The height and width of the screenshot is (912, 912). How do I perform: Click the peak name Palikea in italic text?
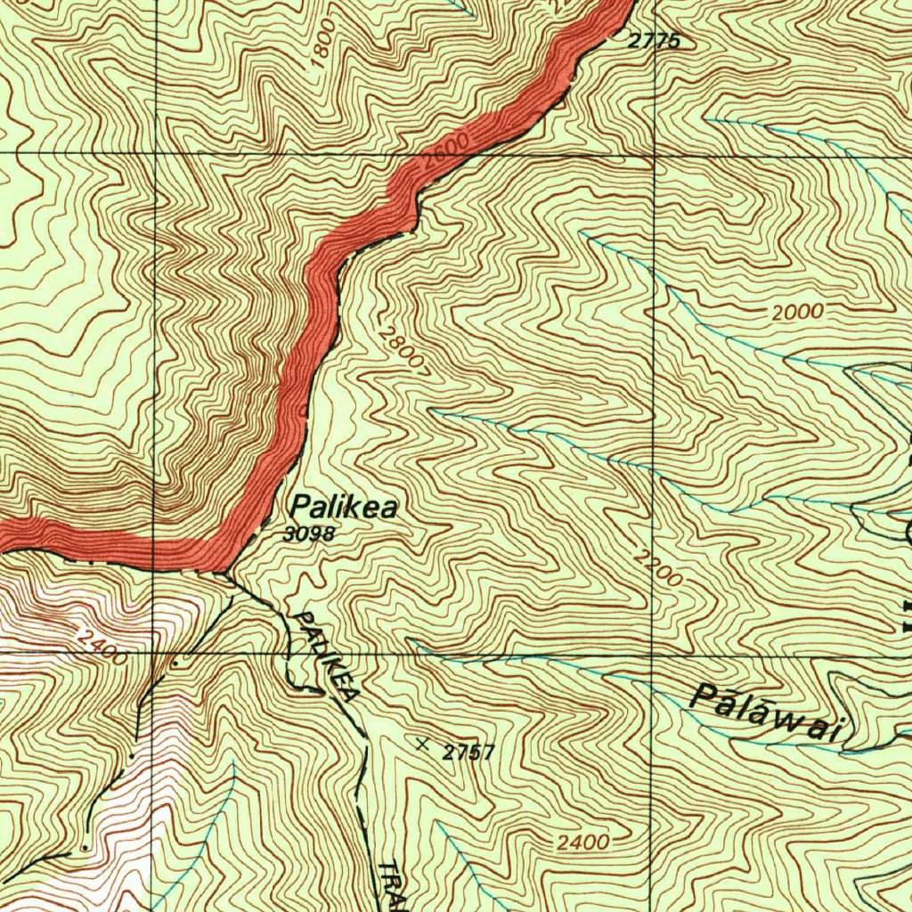(x=344, y=508)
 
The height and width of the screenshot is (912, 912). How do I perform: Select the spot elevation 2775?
(x=655, y=40)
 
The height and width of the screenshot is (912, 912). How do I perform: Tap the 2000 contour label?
(x=798, y=313)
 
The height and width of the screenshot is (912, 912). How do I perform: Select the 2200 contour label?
(x=659, y=568)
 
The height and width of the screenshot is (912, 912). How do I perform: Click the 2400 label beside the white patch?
(x=100, y=647)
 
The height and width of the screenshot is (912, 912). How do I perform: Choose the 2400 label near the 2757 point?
(x=585, y=843)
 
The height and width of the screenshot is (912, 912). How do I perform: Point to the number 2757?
(x=468, y=753)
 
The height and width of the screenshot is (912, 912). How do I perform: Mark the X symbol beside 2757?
(x=422, y=742)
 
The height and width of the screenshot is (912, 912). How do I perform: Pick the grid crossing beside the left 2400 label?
(x=155, y=652)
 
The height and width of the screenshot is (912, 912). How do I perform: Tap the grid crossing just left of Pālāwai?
(x=652, y=652)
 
